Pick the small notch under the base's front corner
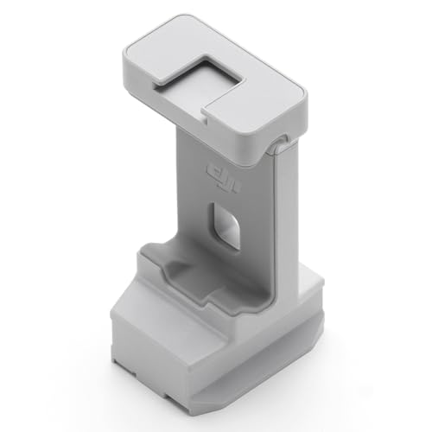click(x=210, y=395)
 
